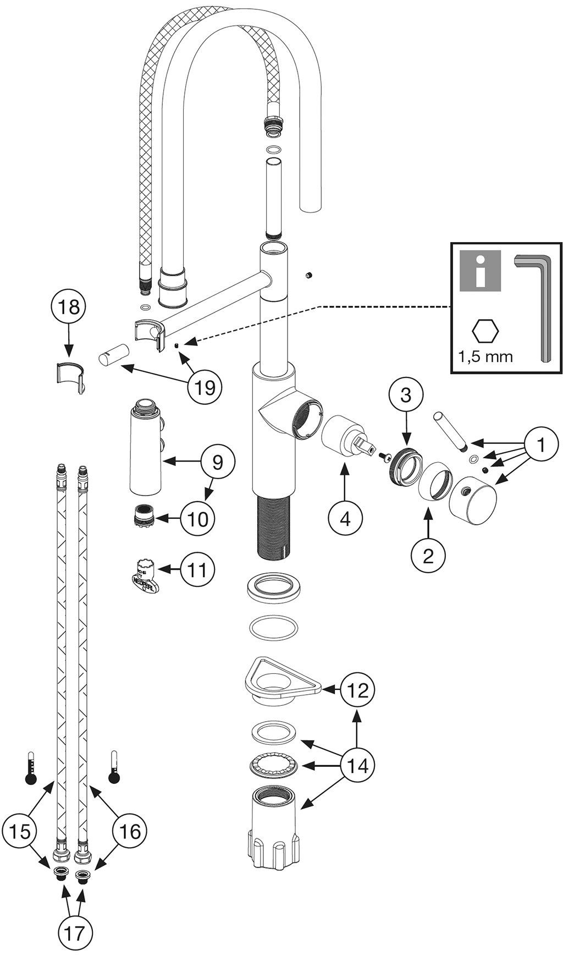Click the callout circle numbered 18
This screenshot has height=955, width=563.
pos(69,307)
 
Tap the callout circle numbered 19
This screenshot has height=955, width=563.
pos(205,387)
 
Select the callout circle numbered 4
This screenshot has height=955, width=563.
pos(345,518)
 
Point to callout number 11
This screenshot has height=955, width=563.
pos(197,570)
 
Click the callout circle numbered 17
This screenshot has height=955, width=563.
pos(75,933)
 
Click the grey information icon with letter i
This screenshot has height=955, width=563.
pos(481,270)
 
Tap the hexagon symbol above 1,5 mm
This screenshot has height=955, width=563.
pos(485,332)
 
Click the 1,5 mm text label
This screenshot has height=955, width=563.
pos(485,356)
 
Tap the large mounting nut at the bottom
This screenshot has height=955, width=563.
pos(273,825)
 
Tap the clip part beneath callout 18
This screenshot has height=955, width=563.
pos(71,376)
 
